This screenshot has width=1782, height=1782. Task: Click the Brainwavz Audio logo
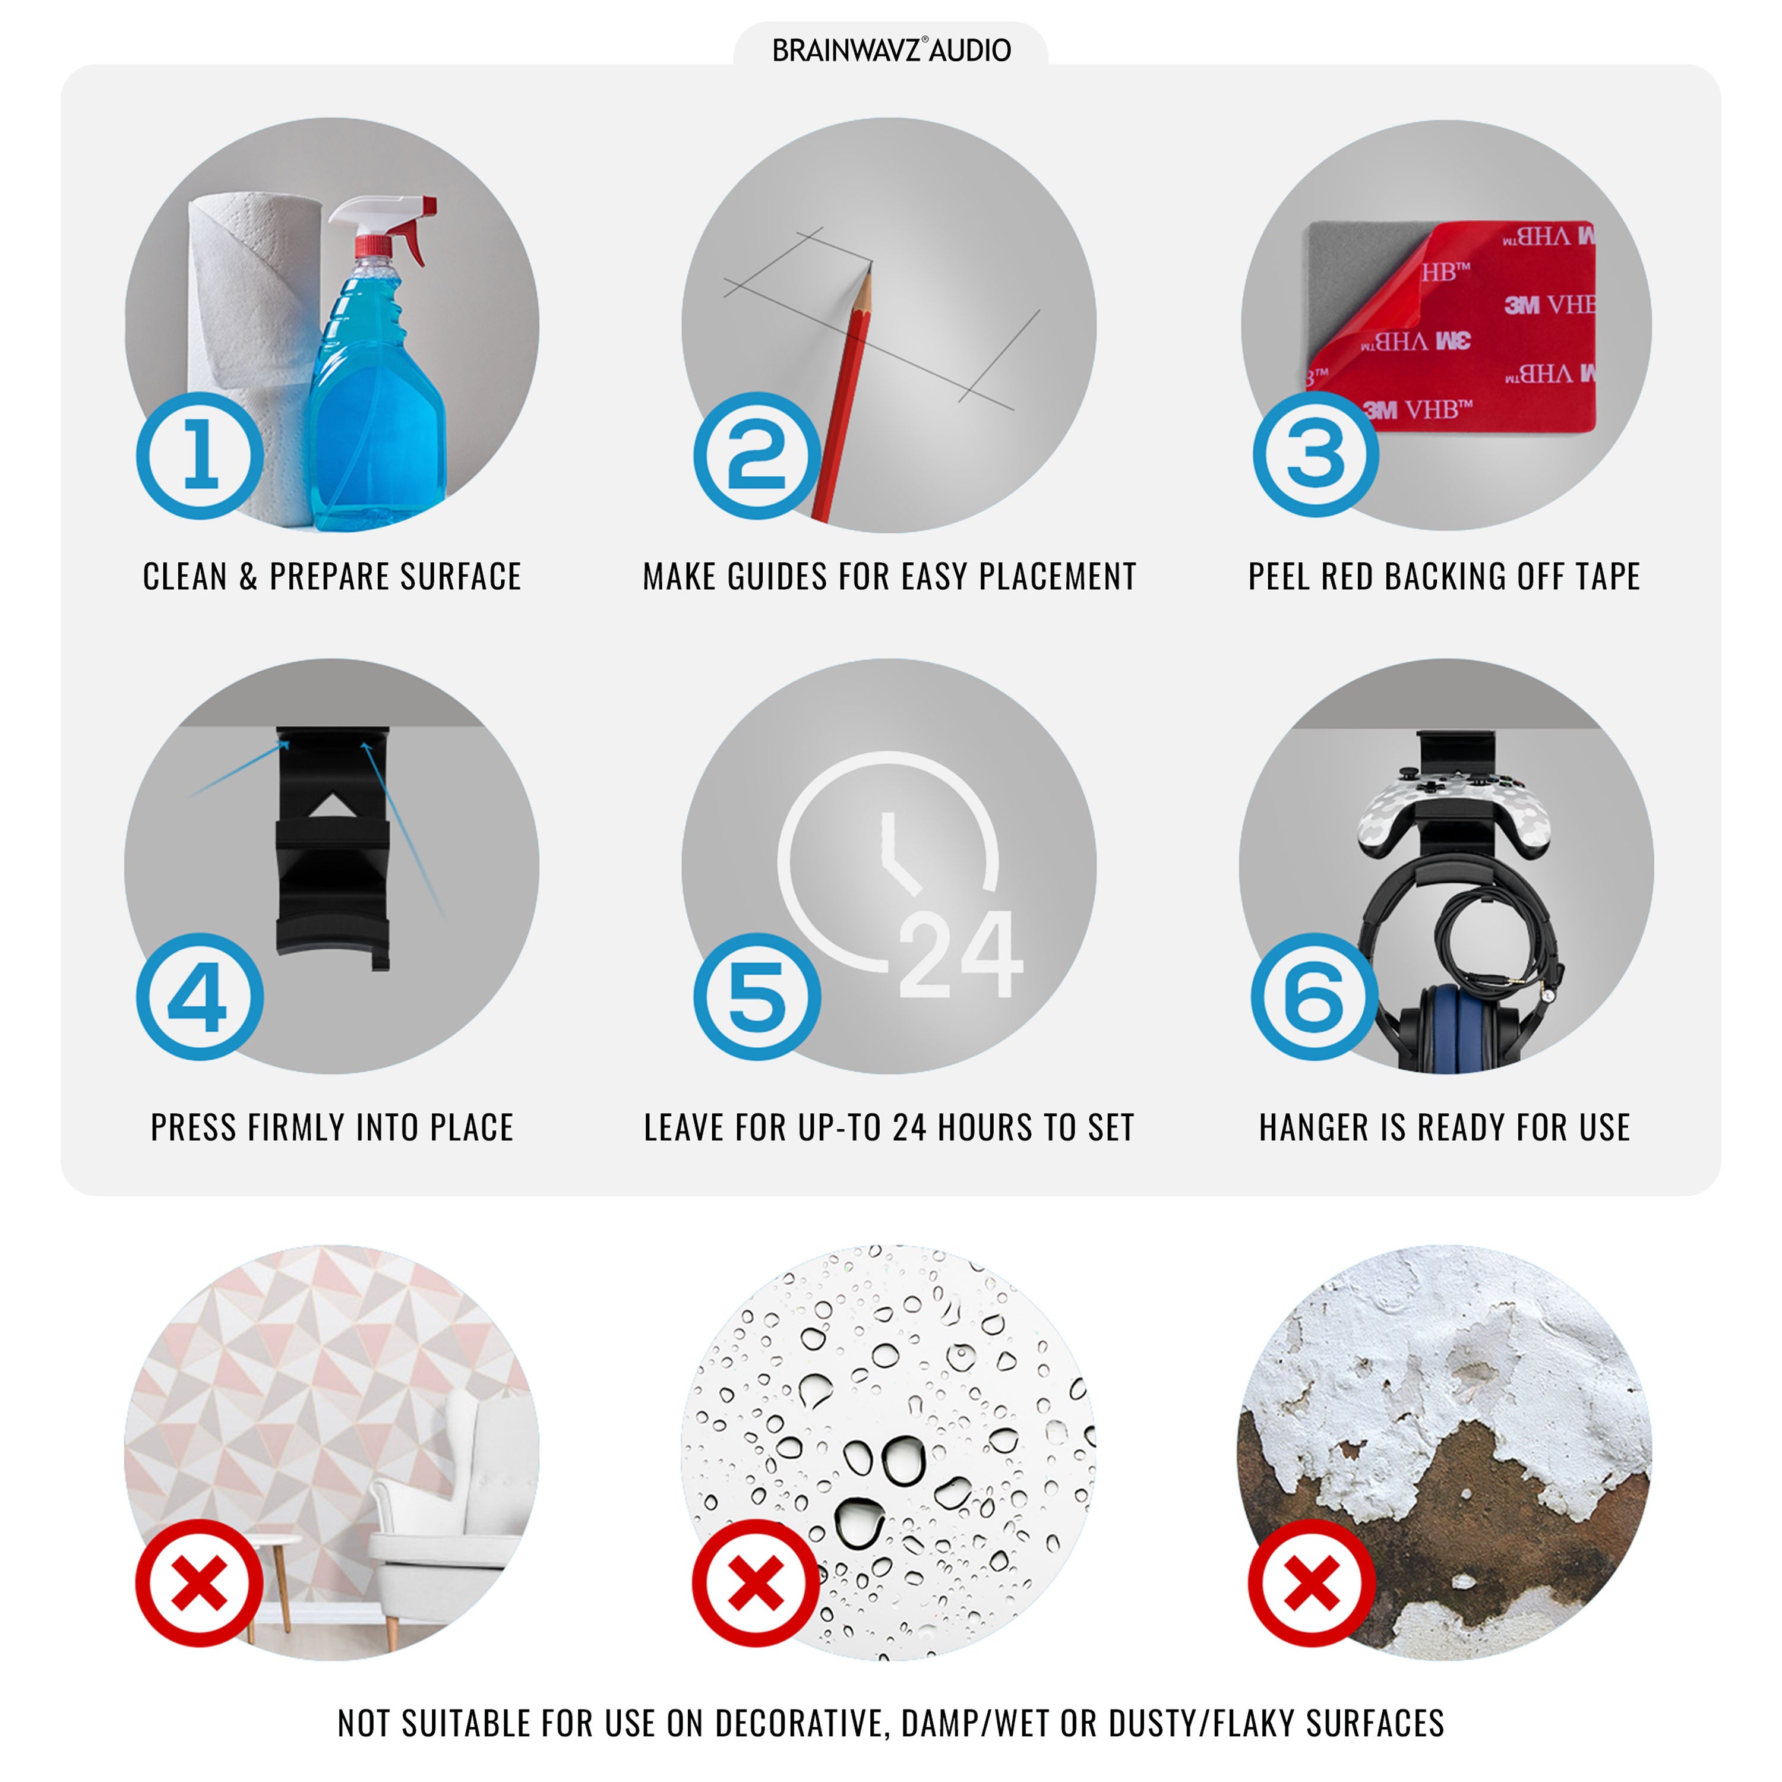click(x=891, y=50)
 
